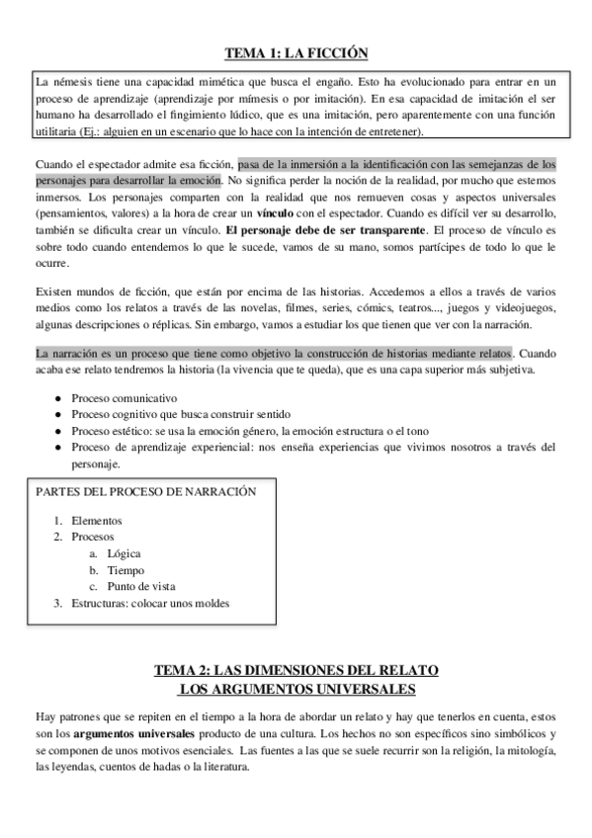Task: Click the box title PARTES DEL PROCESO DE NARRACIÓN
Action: click(x=145, y=491)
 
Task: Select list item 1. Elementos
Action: click(x=97, y=520)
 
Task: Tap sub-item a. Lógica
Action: click(x=124, y=553)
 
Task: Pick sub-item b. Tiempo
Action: click(x=126, y=570)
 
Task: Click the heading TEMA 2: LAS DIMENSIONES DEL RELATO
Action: click(x=296, y=670)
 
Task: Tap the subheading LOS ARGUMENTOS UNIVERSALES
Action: click(x=296, y=688)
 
